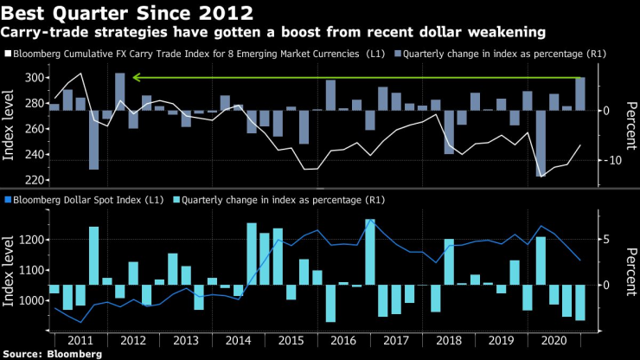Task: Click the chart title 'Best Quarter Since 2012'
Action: tap(127, 12)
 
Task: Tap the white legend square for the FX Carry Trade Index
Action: tap(8, 55)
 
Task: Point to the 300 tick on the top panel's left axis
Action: tap(35, 78)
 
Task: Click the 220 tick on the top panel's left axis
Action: tap(35, 180)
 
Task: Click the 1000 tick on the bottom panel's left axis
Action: tap(33, 300)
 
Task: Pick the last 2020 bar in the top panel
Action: tap(579, 94)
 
